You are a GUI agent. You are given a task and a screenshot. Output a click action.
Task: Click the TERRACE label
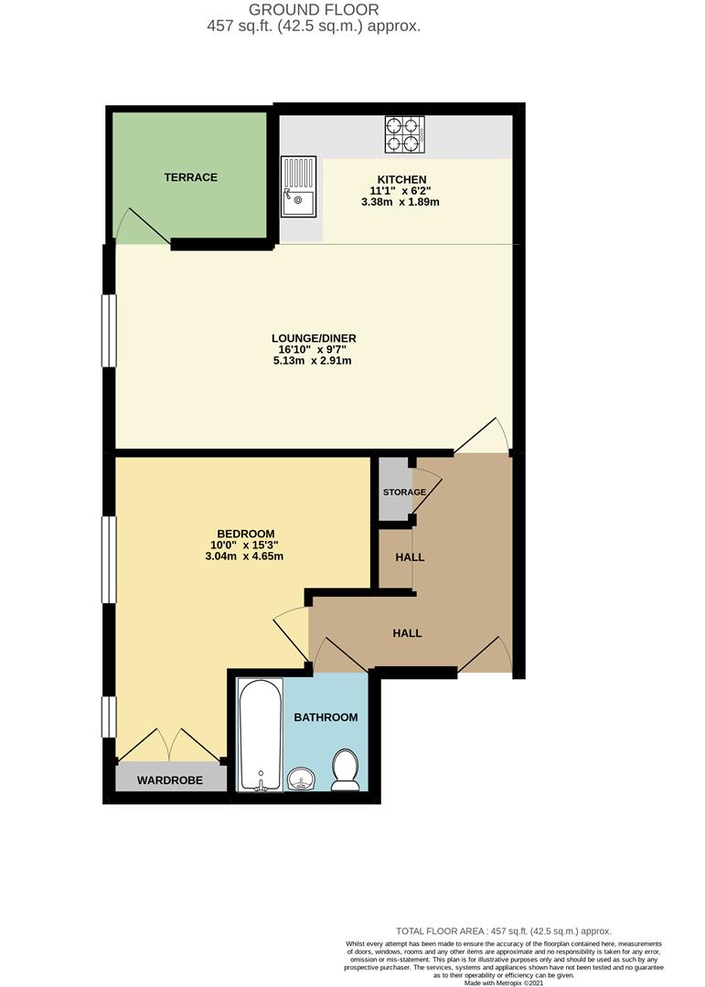[x=190, y=177]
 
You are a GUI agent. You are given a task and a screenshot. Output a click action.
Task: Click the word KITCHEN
[x=401, y=179]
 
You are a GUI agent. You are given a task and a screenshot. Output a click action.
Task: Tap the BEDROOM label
[x=245, y=534]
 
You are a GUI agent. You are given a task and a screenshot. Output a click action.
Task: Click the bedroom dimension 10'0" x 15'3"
[x=245, y=546]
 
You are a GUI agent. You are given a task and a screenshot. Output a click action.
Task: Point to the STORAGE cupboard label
[x=404, y=493]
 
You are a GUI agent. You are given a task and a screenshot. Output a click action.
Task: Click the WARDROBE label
[x=169, y=780]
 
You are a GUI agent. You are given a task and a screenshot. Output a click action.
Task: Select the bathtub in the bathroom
[x=261, y=734]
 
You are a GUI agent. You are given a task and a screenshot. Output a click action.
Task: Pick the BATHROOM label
[x=326, y=717]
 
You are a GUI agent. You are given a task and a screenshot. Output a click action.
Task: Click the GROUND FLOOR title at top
[x=314, y=10]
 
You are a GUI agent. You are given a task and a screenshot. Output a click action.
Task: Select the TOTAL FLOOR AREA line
[x=503, y=930]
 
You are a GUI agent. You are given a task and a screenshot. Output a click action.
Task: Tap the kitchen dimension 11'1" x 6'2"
[x=401, y=191]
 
